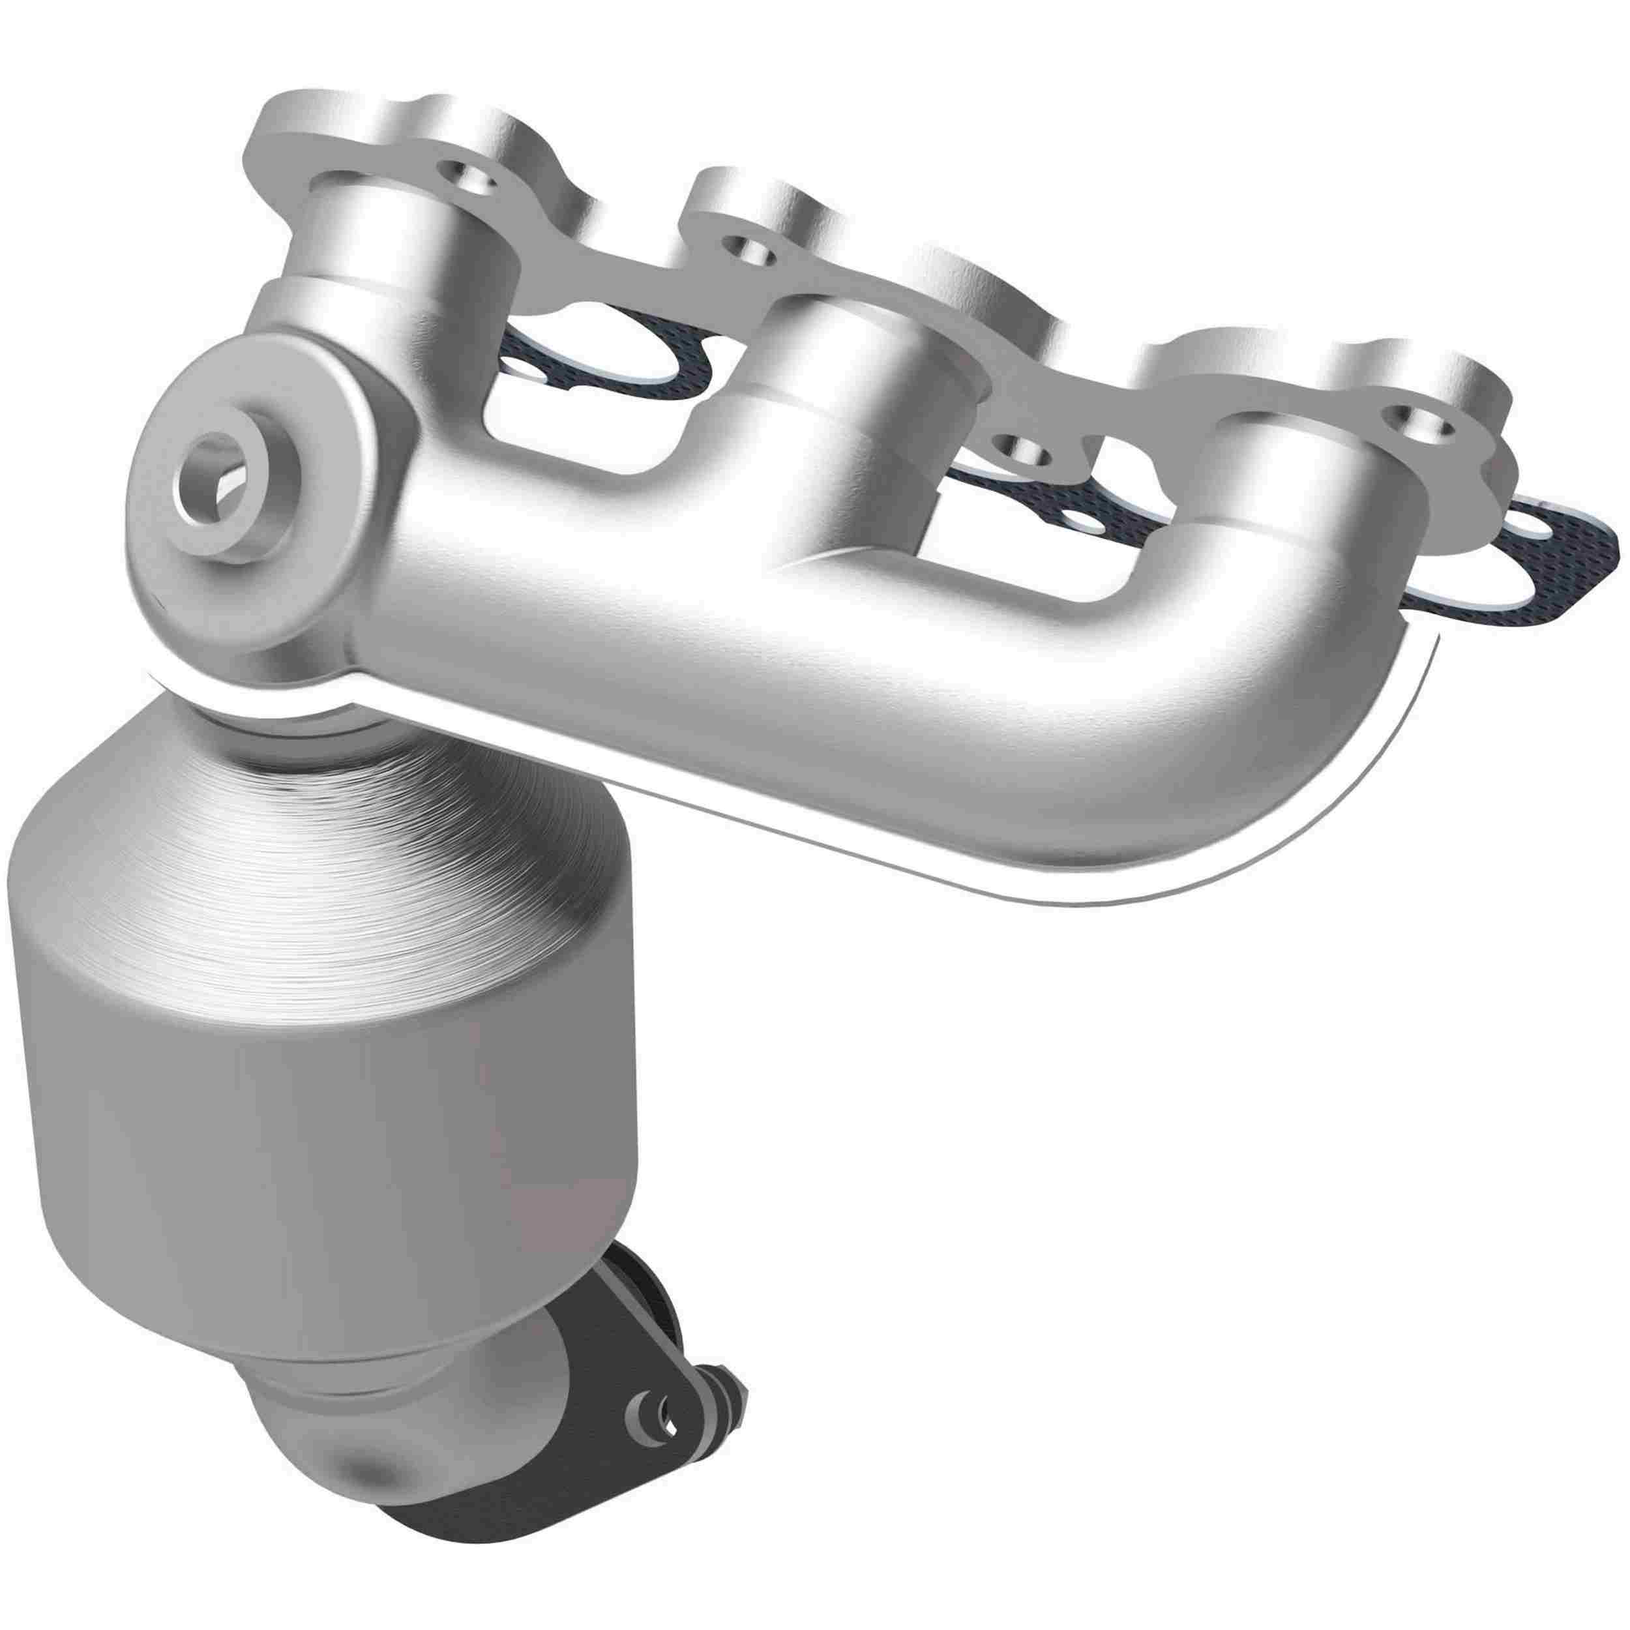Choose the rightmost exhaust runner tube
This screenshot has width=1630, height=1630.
click(1282, 473)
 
